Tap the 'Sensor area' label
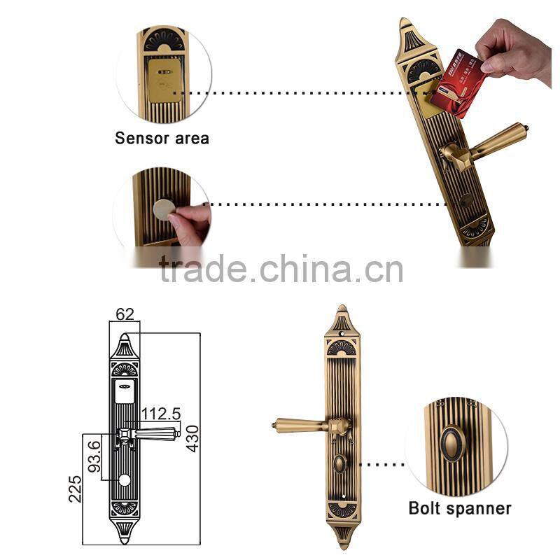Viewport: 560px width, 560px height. pos(162,138)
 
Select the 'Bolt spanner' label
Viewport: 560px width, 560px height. pos(460,508)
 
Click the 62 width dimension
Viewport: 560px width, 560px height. pos(125,314)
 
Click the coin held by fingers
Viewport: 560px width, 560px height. pos(165,208)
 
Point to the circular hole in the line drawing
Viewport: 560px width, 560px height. pos(125,480)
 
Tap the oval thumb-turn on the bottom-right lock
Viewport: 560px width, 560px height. pos(341,464)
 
